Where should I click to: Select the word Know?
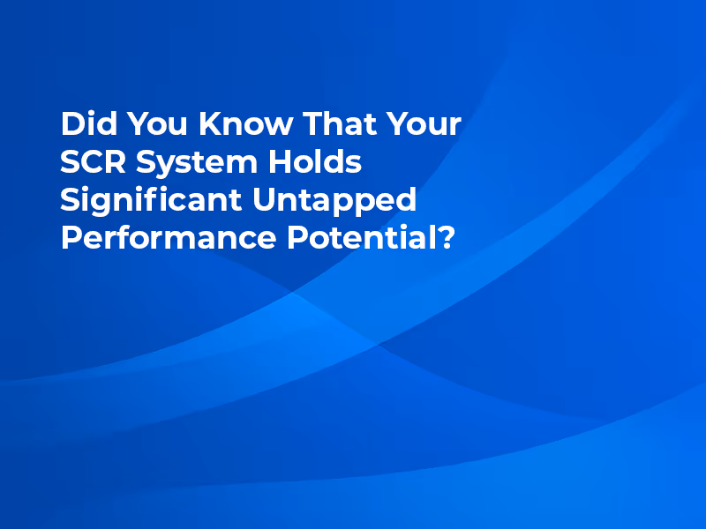(244, 124)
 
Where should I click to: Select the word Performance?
(169, 239)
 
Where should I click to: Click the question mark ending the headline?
(447, 239)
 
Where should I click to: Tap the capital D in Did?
(71, 124)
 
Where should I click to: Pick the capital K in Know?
(210, 124)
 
